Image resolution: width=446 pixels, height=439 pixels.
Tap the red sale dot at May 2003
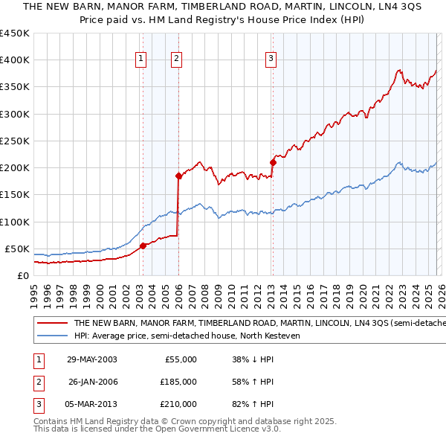point(143,246)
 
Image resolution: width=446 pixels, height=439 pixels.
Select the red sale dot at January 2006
point(178,176)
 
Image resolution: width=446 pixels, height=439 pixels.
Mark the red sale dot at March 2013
point(273,162)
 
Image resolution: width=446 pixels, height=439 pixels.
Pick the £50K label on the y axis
point(17,249)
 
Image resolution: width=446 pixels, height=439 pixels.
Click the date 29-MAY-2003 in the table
point(91,359)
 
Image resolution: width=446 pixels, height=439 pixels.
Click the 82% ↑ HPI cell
point(253,404)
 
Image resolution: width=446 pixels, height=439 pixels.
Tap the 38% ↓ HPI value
point(253,359)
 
